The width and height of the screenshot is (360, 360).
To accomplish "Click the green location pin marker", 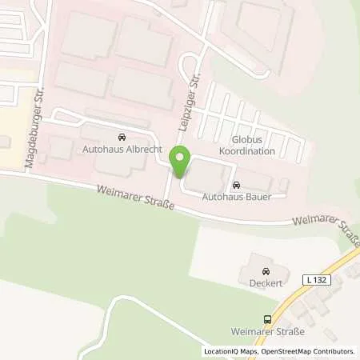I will [180, 163].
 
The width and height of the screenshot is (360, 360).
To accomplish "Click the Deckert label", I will [262, 282].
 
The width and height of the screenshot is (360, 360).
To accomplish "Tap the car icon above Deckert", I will [262, 270].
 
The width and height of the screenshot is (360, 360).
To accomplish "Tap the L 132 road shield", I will [315, 279].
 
